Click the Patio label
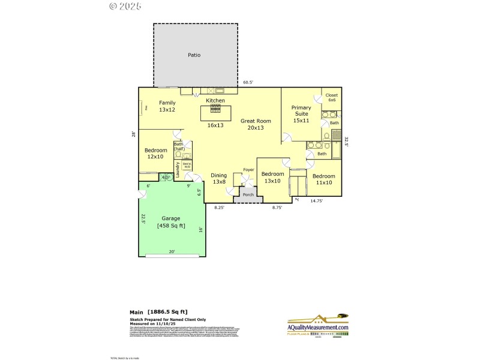(x=194, y=55)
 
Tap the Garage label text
(x=171, y=222)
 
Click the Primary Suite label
(x=301, y=114)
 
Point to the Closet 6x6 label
(x=331, y=98)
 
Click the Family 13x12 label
(x=167, y=106)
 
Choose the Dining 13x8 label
(x=219, y=179)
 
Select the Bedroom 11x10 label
(x=324, y=179)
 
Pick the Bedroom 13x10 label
(x=272, y=178)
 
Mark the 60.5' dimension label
(x=248, y=82)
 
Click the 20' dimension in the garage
(x=172, y=252)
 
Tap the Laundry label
(x=178, y=169)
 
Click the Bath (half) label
(x=179, y=146)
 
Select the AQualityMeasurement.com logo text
(x=318, y=328)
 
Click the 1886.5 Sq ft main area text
(x=167, y=312)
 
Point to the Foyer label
(x=248, y=170)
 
